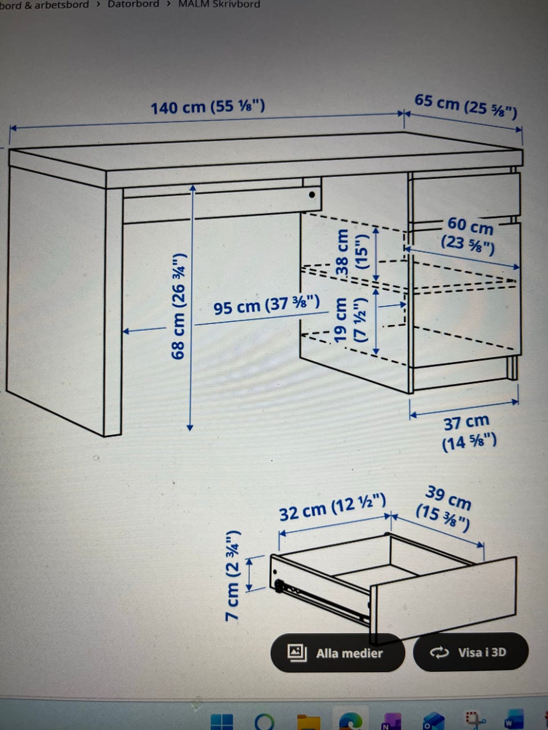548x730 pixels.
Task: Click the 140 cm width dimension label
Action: tap(208, 107)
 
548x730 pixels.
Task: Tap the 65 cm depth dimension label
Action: tap(466, 107)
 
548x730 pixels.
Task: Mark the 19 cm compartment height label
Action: tap(350, 320)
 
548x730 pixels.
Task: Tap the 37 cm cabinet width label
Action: tap(469, 433)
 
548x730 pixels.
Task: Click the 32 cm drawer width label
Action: tap(332, 507)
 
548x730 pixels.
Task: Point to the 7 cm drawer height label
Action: tap(232, 575)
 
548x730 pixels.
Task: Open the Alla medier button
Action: tap(337, 653)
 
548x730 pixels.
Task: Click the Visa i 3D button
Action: tap(470, 652)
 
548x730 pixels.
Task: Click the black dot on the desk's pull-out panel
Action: tap(312, 194)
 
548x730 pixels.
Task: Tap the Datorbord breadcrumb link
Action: tap(133, 4)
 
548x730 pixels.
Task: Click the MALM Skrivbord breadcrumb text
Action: tap(219, 4)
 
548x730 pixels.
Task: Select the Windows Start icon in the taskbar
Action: tap(222, 721)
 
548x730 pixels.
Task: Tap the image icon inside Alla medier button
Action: tap(297, 652)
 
